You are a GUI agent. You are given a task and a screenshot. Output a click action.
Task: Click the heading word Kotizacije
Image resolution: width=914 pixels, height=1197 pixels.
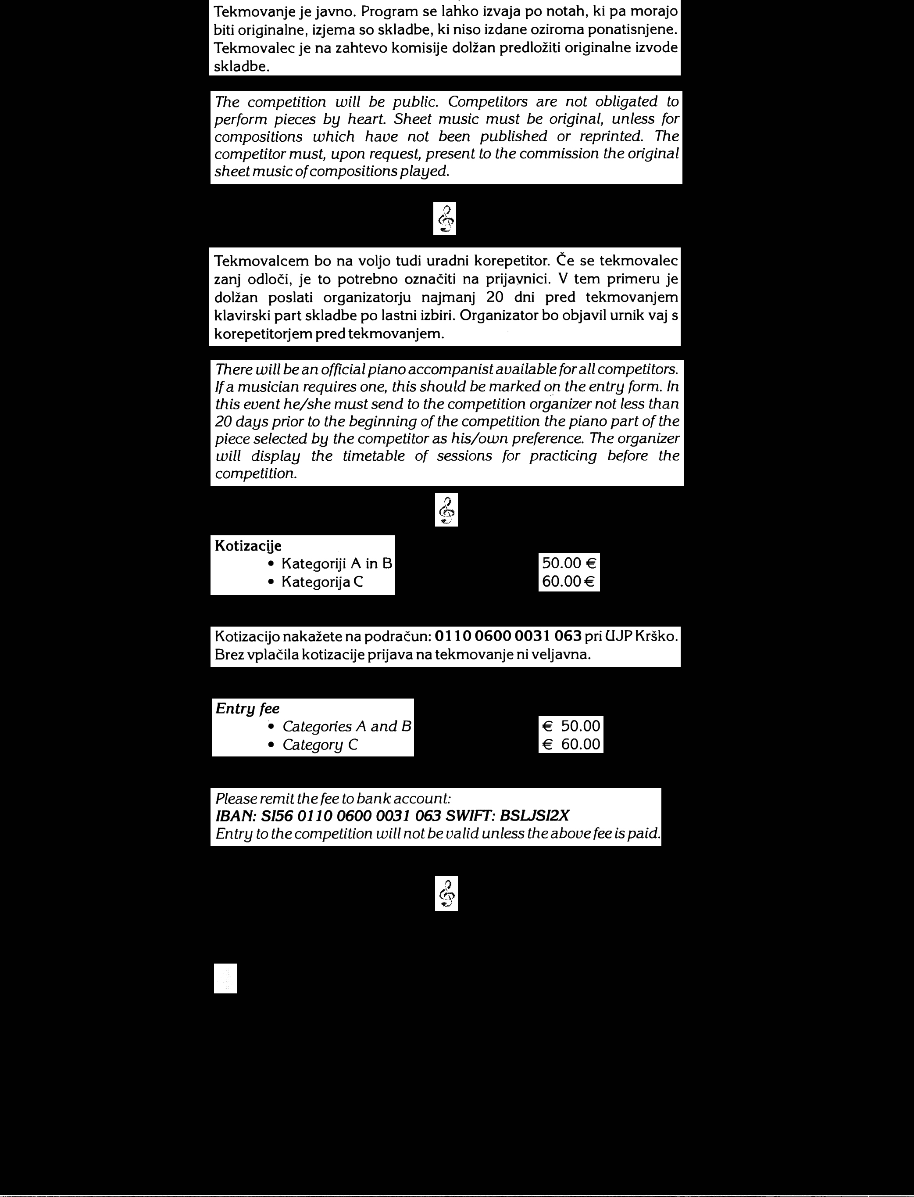(248, 545)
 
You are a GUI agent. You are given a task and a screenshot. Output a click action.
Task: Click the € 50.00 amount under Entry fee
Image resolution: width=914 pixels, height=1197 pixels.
(571, 726)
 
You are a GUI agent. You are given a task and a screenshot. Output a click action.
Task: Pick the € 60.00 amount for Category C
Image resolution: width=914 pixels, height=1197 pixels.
(571, 744)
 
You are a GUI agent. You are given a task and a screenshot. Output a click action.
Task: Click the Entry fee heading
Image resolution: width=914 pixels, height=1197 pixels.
(247, 709)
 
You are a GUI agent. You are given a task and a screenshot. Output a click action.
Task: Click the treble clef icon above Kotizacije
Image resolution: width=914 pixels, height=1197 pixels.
(446, 510)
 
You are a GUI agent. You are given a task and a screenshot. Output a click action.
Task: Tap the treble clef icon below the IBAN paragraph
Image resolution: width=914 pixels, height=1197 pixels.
(446, 894)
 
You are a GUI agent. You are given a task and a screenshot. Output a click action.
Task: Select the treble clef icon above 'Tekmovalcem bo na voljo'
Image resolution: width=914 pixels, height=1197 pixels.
(444, 219)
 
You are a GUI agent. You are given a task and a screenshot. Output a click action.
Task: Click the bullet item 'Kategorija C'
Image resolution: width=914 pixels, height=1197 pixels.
(321, 582)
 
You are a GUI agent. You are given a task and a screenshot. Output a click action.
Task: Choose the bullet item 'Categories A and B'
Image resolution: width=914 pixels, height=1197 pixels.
(346, 727)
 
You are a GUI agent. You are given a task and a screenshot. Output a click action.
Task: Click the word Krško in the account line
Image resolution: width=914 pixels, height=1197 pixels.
(658, 636)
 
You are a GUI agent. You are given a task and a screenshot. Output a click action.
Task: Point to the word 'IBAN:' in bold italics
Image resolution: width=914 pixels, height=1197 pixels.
(236, 816)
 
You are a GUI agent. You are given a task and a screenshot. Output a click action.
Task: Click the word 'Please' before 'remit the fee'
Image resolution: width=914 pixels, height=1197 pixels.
(236, 799)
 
